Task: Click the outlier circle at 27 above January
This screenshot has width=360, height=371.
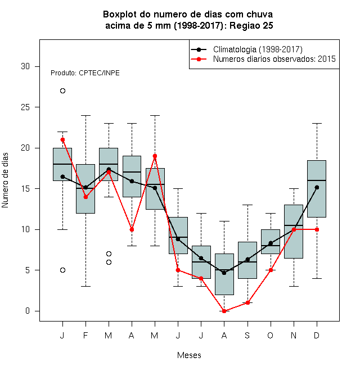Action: point(62,91)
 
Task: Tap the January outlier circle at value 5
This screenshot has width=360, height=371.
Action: point(62,270)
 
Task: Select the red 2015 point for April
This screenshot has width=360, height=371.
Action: point(132,229)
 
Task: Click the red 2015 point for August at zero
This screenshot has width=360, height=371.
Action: point(224,311)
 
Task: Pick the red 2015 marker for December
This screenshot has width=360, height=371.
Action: point(317,229)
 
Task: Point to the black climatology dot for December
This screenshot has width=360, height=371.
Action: point(317,187)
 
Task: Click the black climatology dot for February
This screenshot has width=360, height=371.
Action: point(85,187)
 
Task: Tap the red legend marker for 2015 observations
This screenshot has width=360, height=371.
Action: point(199,59)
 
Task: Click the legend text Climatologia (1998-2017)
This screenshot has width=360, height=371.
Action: point(258,49)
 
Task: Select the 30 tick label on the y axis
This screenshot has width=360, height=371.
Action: point(25,66)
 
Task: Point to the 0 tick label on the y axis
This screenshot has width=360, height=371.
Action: point(28,311)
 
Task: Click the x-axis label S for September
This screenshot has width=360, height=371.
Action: point(247,335)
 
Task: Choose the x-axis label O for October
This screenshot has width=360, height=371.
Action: point(271,335)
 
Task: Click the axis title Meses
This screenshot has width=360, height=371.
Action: point(189,355)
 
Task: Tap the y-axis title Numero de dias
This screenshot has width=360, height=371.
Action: point(5,180)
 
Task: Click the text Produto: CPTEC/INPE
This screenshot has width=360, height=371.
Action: point(85,73)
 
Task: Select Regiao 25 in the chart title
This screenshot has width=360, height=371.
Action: point(251,25)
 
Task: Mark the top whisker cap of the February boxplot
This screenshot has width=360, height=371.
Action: point(85,115)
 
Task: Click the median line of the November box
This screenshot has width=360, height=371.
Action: point(294,225)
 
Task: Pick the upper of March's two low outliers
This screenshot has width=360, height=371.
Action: point(109,254)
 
